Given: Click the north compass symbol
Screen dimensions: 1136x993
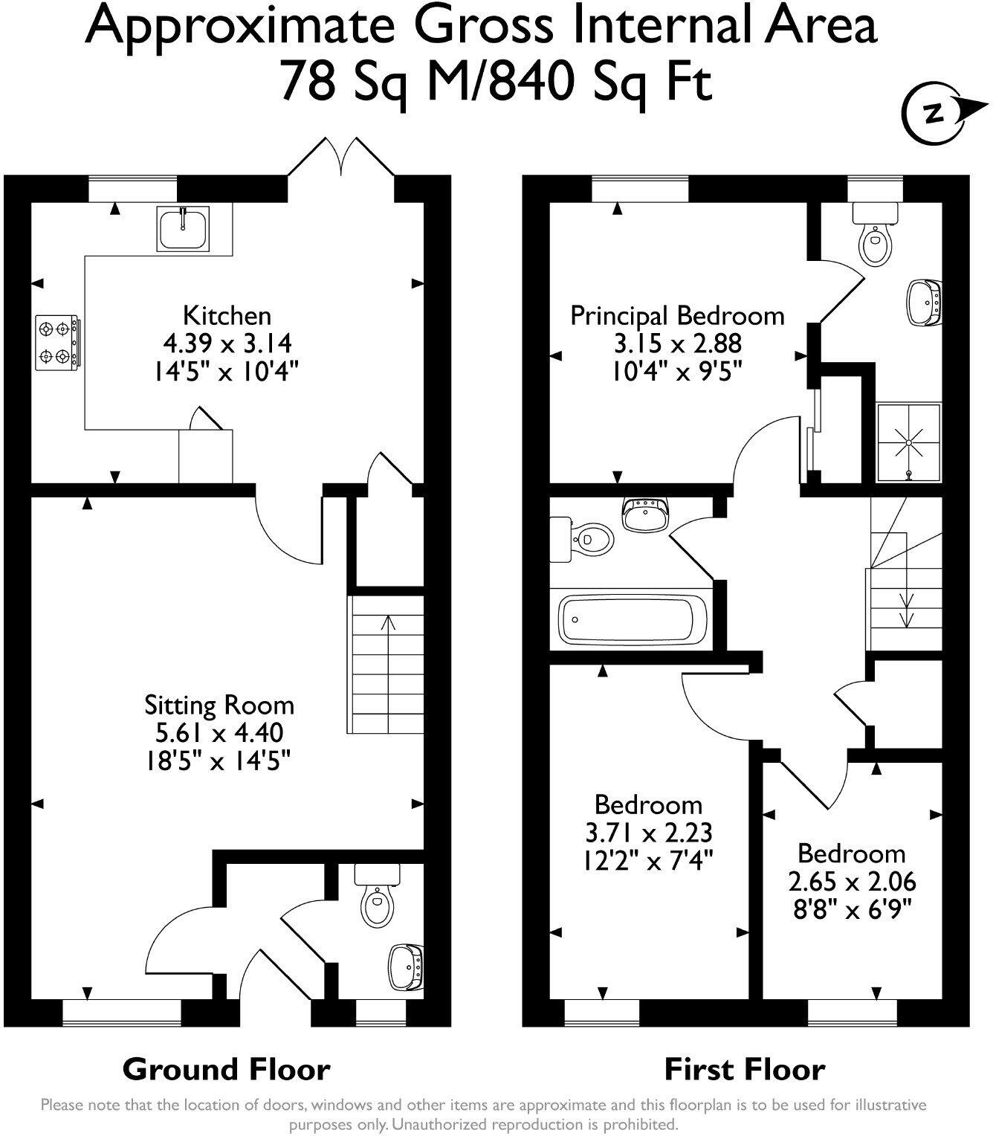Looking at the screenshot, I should [x=934, y=113].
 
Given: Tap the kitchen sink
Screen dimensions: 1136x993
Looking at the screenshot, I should [x=184, y=228].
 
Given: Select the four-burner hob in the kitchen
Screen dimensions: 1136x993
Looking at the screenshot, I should [x=57, y=342].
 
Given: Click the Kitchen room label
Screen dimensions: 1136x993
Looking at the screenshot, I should [x=227, y=315].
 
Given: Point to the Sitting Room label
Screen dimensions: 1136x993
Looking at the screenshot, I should [x=219, y=705].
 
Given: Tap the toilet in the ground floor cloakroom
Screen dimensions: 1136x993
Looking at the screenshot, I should [x=378, y=897].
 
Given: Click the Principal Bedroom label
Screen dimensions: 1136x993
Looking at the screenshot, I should [x=677, y=315].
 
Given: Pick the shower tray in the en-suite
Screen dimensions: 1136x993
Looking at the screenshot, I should [x=909, y=443].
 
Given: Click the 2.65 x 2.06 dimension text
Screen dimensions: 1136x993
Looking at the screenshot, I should [x=852, y=882].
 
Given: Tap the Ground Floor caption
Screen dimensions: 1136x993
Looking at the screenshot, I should [x=226, y=1070].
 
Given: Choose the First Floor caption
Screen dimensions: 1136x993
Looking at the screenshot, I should [x=744, y=1070].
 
